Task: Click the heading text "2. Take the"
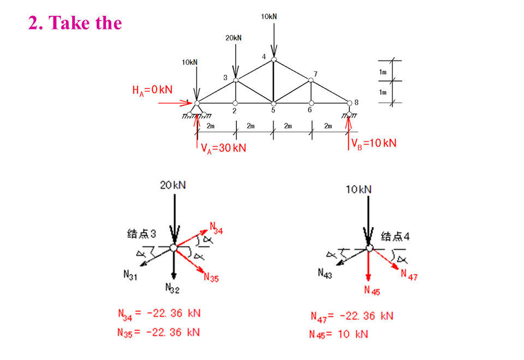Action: (75, 23)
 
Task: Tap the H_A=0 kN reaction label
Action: (152, 90)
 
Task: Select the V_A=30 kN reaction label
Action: (223, 148)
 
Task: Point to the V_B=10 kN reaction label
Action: (374, 143)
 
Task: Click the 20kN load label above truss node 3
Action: (233, 38)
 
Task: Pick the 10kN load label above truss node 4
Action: (269, 16)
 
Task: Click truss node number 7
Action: (315, 74)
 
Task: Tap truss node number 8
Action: (356, 102)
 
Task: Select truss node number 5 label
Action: (273, 111)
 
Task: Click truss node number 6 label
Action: (310, 111)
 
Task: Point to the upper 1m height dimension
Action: (383, 71)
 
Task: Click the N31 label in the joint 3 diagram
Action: (130, 276)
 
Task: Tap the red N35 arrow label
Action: (211, 278)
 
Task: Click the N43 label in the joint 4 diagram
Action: (325, 273)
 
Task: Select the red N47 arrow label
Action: (409, 275)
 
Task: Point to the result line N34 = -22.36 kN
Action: (159, 314)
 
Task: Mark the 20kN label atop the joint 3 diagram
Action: (172, 185)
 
